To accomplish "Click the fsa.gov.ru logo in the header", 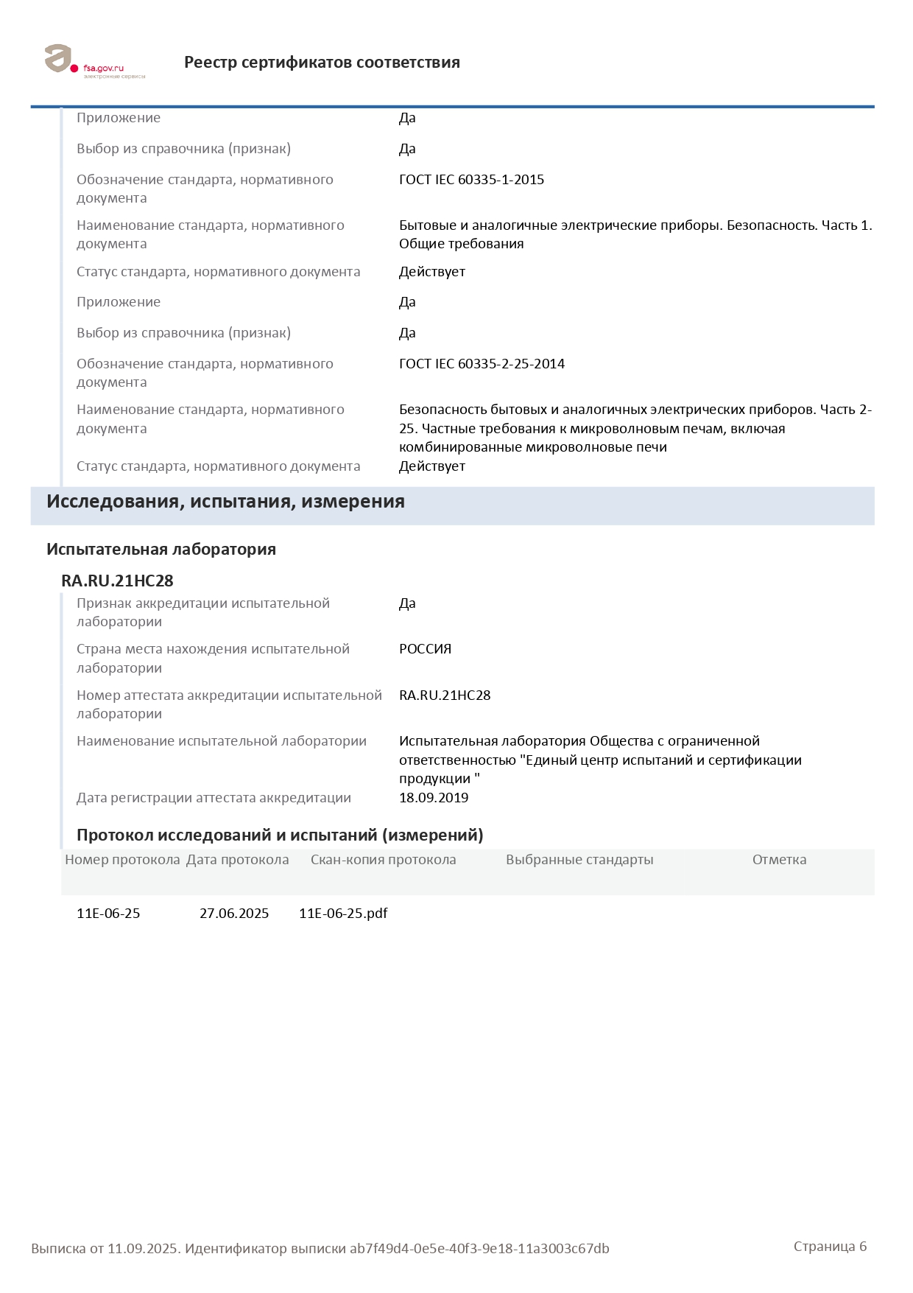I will [x=94, y=61].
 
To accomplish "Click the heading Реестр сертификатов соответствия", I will [x=322, y=63].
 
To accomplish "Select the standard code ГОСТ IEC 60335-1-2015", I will [x=471, y=180].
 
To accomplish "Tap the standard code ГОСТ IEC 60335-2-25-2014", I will [x=482, y=364].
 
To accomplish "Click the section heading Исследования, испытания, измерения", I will [x=225, y=502].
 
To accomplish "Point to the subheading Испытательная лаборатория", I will [x=161, y=550].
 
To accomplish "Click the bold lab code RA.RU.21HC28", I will [x=117, y=581].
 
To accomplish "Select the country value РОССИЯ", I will [x=425, y=649].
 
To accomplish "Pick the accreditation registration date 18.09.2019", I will [x=434, y=798].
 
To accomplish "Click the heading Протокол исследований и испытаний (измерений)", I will [x=280, y=835].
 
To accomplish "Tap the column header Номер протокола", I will [x=122, y=860].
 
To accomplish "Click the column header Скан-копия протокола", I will [x=383, y=860].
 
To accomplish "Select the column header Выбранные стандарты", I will [x=579, y=860].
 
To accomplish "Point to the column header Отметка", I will [x=779, y=860].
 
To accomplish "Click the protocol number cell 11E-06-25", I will [x=108, y=914].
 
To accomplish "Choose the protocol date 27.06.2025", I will [x=234, y=914].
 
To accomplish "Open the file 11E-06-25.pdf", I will [x=343, y=914].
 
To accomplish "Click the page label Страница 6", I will [x=830, y=1247].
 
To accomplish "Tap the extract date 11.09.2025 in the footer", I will [x=143, y=1249].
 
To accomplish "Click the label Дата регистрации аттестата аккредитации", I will [x=214, y=798].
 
